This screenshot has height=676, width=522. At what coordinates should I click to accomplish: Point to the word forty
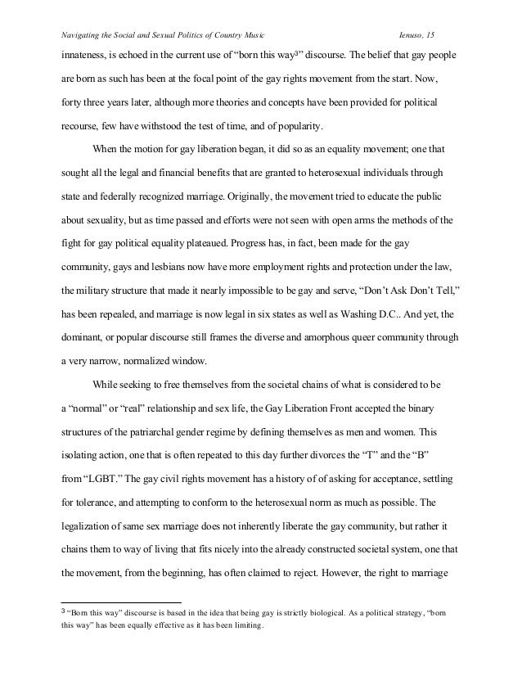click(72, 106)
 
